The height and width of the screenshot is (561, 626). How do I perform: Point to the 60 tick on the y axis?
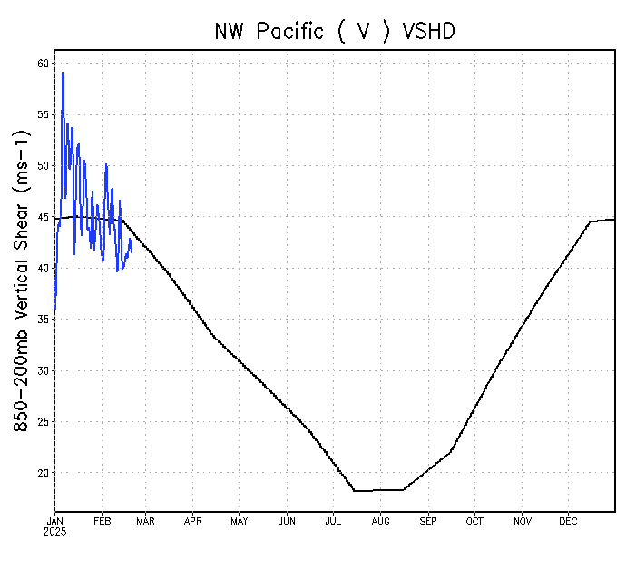pos(44,64)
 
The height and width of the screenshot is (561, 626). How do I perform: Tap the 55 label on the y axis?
pos(44,115)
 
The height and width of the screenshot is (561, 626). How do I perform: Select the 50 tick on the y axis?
pos(44,166)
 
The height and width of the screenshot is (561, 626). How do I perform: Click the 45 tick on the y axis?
pos(44,218)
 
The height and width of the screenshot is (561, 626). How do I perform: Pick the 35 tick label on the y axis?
pos(44,320)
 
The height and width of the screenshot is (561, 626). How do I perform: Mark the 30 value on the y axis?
pos(44,371)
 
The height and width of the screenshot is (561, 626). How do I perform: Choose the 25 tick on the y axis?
pos(44,422)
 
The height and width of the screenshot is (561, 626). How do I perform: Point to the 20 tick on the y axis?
pos(44,473)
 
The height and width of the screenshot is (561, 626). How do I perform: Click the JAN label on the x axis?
pos(55,522)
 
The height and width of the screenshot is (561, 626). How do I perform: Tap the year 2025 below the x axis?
pos(55,532)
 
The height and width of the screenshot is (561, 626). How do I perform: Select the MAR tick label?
pos(145,522)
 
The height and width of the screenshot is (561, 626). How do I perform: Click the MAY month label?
pos(240,522)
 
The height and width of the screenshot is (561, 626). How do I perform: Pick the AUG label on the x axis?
pos(380,522)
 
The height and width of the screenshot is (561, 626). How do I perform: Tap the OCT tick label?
pos(474,522)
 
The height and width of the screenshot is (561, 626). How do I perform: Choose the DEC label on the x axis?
pos(568,522)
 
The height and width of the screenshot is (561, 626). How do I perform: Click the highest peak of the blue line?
pos(63,73)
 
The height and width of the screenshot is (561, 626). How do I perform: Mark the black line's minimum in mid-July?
pos(355,491)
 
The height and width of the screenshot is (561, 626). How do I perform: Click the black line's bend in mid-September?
pos(450,452)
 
